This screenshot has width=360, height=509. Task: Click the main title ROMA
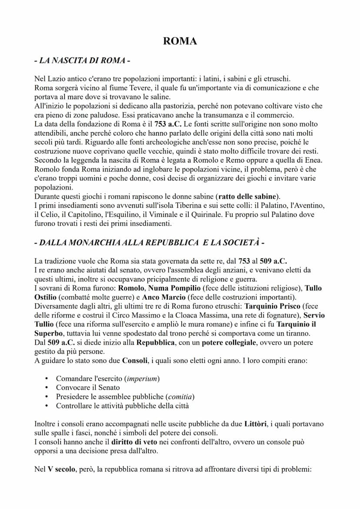[180, 41]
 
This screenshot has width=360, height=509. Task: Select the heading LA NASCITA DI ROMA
[82, 61]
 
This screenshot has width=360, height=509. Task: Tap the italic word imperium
[142, 379]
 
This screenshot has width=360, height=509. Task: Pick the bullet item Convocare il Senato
[88, 388]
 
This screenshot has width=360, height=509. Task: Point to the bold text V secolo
[61, 469]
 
